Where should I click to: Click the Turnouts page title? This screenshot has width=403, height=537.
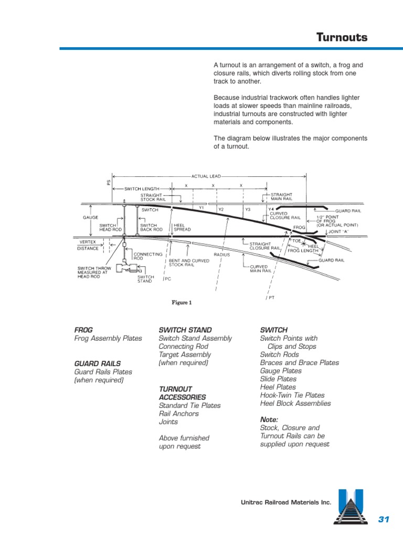coord(341,38)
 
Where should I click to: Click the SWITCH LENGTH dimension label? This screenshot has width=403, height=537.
coord(142,189)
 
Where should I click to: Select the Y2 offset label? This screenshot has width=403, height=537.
coord(221,209)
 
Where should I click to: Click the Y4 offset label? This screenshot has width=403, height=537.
coord(271,209)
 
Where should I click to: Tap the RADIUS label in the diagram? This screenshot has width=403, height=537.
coord(222,254)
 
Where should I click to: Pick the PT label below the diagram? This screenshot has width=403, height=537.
coord(272,297)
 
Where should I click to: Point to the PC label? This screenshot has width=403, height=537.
coord(168,279)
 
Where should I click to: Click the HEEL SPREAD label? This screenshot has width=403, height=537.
coord(182,227)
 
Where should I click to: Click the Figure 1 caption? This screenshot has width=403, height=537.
coord(182,303)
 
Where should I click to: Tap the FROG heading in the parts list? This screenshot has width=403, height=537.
coord(83,330)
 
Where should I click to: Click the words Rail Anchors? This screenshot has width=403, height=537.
coord(178,414)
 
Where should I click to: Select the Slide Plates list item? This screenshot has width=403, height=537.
coord(278,379)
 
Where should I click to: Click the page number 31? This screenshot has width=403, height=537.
coord(384,519)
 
